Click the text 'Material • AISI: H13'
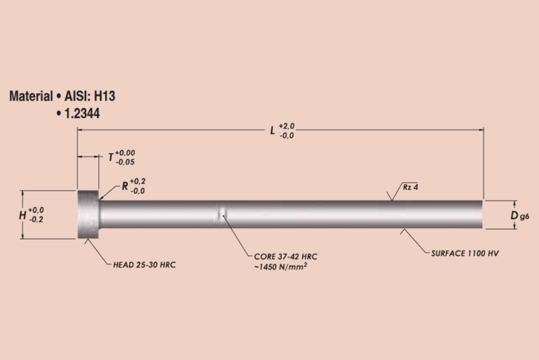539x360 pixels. click(x=67, y=96)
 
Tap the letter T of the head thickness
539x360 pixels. click(x=111, y=158)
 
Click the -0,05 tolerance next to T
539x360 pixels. click(x=125, y=162)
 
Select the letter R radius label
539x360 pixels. click(x=125, y=186)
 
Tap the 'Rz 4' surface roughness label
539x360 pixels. click(x=411, y=187)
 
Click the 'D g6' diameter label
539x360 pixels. click(x=518, y=215)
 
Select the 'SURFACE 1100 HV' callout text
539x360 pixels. click(x=464, y=253)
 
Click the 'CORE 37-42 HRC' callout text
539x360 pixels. click(x=285, y=258)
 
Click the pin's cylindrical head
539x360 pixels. click(x=88, y=214)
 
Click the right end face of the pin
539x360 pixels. click(x=482, y=214)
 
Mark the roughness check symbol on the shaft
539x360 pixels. click(x=392, y=195)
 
